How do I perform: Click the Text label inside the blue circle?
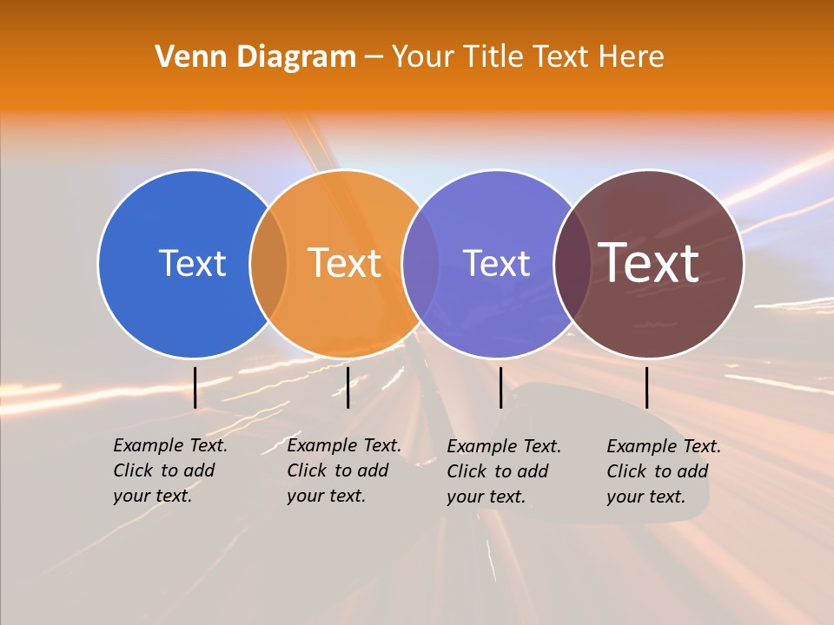click(x=192, y=263)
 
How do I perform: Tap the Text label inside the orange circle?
click(x=345, y=263)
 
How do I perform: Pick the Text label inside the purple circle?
click(x=496, y=263)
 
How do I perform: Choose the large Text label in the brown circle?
click(x=649, y=263)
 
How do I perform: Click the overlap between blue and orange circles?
click(x=268, y=264)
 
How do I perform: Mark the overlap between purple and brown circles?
click(x=572, y=264)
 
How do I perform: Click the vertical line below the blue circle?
click(x=195, y=387)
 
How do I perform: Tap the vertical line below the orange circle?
click(x=347, y=387)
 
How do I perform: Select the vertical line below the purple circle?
click(x=500, y=387)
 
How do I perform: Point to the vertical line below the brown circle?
click(x=646, y=387)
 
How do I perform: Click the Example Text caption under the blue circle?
click(x=170, y=470)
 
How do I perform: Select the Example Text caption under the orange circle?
click(x=344, y=470)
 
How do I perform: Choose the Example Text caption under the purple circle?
click(x=504, y=471)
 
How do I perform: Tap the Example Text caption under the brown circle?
click(x=664, y=471)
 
